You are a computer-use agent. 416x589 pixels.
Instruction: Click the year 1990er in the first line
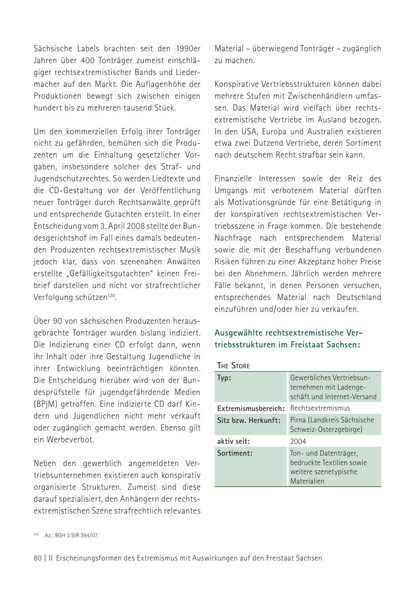188,48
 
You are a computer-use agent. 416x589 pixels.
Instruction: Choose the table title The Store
233,365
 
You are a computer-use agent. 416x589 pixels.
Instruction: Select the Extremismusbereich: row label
251,408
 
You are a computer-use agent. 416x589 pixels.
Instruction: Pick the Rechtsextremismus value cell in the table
320,408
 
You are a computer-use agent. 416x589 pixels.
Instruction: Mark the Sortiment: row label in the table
235,453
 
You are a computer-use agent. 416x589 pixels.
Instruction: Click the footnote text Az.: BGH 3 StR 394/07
71,535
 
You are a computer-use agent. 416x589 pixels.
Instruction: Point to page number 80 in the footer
38,558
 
